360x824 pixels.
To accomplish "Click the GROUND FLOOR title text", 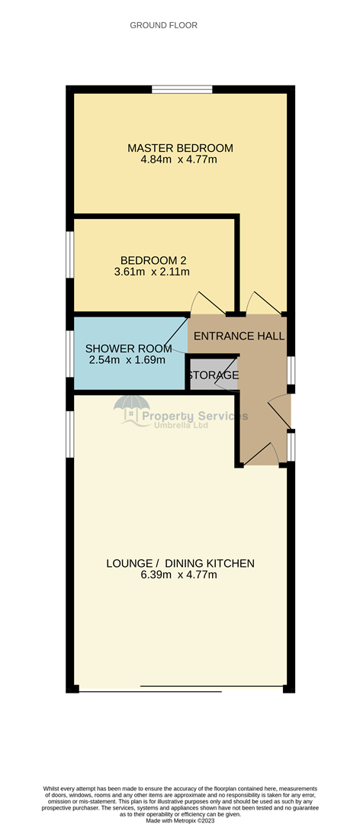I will (x=163, y=25).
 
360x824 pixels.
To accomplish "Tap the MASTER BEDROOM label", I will (x=180, y=148).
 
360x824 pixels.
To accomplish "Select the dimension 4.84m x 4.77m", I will (x=180, y=160).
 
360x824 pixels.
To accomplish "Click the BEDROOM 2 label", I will (x=149, y=259).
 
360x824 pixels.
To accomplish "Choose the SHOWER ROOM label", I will (x=129, y=349).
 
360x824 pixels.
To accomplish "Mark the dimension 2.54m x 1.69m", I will (x=127, y=360).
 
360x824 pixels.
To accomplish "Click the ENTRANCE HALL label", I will (x=239, y=336).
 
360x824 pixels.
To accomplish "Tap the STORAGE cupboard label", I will (x=213, y=375).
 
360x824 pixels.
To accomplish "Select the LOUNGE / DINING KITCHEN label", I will (x=180, y=564).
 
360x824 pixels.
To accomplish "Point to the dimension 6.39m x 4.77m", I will (x=180, y=575).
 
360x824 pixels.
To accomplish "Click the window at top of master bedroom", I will (x=182, y=89).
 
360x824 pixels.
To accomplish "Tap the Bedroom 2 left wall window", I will (x=69, y=255).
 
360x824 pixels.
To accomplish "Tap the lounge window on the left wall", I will (x=69, y=433).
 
